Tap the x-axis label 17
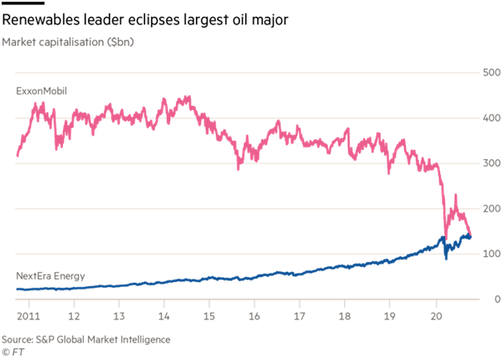tap(300, 316)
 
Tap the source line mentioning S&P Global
tap(85, 339)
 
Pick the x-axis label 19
tap(391, 316)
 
